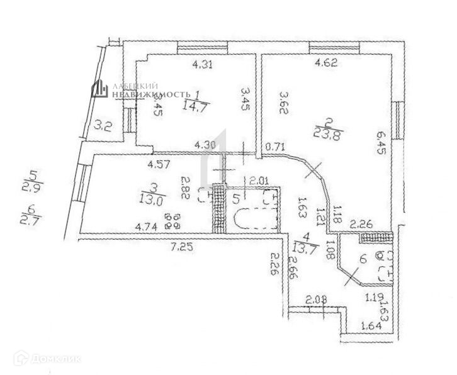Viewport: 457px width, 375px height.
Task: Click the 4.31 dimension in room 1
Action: (201, 64)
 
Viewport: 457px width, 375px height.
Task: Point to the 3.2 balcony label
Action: (103, 125)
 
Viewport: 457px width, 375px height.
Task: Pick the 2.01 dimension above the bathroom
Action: (260, 181)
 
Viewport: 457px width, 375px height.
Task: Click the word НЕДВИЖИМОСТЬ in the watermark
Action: (150, 94)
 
